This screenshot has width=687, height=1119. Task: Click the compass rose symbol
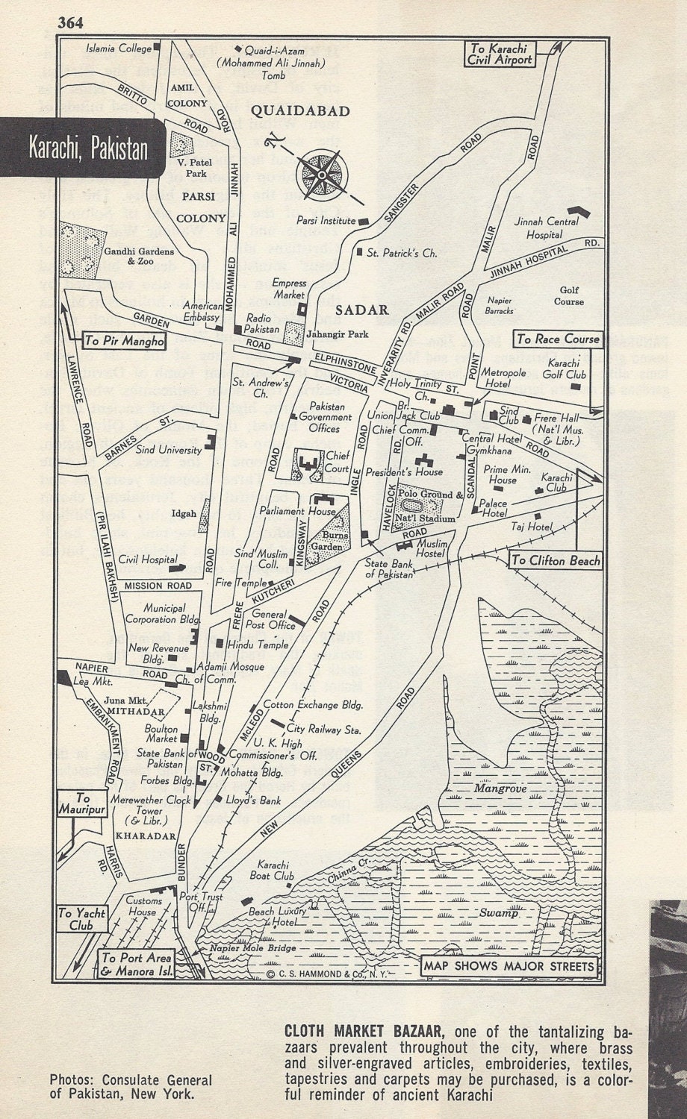tap(321, 174)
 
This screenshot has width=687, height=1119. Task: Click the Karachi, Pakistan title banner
tap(88, 148)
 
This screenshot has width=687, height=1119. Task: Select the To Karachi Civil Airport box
tap(500, 54)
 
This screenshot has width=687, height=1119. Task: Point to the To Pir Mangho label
tap(124, 341)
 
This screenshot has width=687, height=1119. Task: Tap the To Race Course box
tap(559, 339)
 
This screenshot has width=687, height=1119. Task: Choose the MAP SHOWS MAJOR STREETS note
tap(509, 967)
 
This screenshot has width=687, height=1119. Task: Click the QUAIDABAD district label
tap(300, 111)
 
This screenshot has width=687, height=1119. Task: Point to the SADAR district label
tap(362, 310)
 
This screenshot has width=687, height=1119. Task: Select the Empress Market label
tap(289, 288)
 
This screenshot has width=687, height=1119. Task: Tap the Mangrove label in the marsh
tap(504, 788)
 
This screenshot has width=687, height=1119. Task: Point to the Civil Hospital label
tap(148, 559)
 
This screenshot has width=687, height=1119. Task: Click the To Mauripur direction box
tap(82, 803)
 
